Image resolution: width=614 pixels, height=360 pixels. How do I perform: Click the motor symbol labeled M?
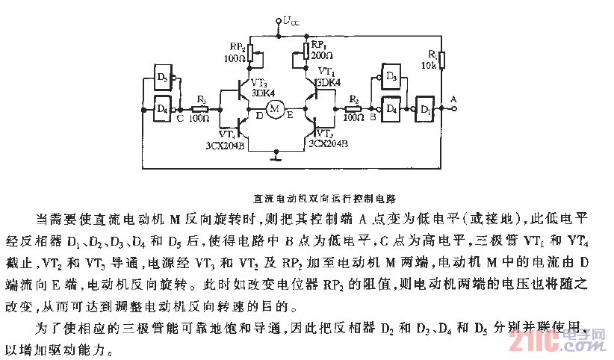(x=274, y=110)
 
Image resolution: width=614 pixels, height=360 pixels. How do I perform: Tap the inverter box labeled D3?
(x=390, y=76)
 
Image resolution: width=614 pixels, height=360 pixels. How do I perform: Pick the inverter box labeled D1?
(x=426, y=109)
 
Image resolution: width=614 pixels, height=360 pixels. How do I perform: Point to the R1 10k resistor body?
(x=441, y=60)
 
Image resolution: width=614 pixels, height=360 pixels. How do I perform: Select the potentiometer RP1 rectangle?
(x=306, y=52)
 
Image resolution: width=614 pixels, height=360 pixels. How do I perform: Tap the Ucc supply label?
(x=291, y=22)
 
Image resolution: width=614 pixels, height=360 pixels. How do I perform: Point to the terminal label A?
(x=453, y=98)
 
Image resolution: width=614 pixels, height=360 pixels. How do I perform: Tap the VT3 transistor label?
(x=258, y=82)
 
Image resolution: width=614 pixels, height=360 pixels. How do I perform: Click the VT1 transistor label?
(x=327, y=71)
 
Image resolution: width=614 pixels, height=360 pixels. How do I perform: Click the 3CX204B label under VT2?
(x=328, y=143)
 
